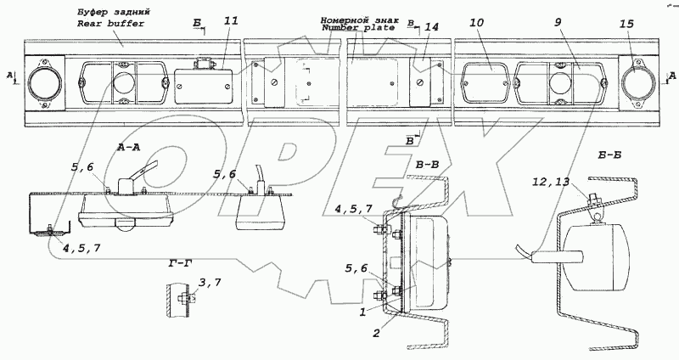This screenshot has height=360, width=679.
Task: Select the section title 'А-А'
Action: pos(130,147)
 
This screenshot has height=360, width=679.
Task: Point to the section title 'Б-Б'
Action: pos(598,155)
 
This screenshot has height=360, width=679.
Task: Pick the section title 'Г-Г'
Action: pos(174,264)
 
